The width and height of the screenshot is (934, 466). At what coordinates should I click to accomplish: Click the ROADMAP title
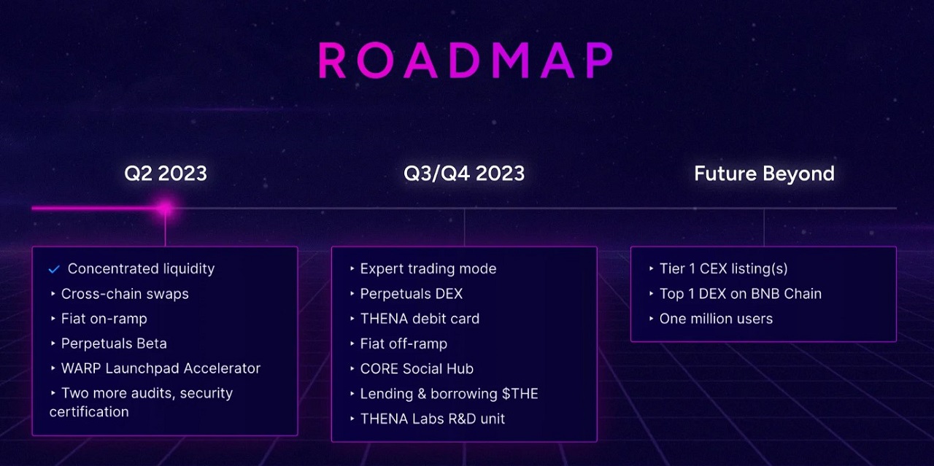pyautogui.click(x=466, y=61)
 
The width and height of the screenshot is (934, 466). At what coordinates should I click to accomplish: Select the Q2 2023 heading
pyautogui.click(x=166, y=174)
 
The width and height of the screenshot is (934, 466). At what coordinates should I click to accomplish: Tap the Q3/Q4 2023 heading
pyautogui.click(x=464, y=174)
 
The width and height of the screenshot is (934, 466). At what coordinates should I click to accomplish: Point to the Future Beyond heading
pyautogui.click(x=764, y=174)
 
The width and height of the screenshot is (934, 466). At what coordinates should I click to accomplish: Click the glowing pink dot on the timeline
pyautogui.click(x=166, y=208)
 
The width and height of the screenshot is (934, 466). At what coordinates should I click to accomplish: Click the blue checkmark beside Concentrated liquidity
pyautogui.click(x=54, y=269)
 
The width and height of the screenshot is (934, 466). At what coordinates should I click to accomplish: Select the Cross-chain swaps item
pyautogui.click(x=125, y=294)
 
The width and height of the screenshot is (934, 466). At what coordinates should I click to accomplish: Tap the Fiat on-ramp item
pyautogui.click(x=104, y=319)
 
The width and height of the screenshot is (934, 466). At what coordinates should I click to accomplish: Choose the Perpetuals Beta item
pyautogui.click(x=114, y=343)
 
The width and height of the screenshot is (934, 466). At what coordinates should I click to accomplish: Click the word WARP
pyautogui.click(x=81, y=368)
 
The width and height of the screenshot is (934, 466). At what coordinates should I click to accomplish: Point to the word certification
pyautogui.click(x=89, y=412)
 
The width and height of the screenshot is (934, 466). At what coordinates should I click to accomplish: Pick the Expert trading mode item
pyautogui.click(x=428, y=269)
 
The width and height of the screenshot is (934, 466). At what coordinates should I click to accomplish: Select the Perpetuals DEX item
pyautogui.click(x=411, y=294)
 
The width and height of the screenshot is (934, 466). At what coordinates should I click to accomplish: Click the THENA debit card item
pyautogui.click(x=420, y=319)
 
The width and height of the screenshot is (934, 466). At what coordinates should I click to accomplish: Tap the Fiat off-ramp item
pyautogui.click(x=404, y=344)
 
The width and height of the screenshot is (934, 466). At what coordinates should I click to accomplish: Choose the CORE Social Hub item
pyautogui.click(x=417, y=369)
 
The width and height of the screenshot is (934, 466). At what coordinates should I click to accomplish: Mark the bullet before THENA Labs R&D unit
pyautogui.click(x=352, y=419)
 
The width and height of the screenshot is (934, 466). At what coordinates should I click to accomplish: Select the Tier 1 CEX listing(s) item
pyautogui.click(x=723, y=269)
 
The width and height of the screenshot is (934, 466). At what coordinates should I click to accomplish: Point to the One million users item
pyautogui.click(x=716, y=319)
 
